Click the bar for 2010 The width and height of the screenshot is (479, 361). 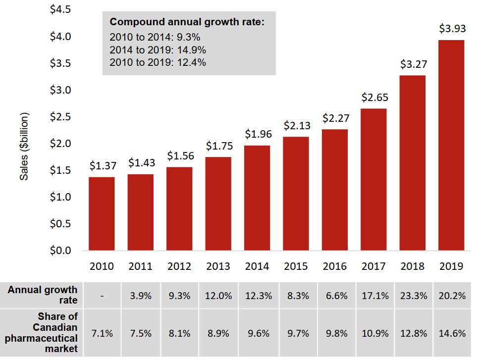102,213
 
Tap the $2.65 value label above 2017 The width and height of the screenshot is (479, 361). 374,98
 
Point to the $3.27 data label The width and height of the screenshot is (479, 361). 414,64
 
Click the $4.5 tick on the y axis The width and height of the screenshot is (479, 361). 60,10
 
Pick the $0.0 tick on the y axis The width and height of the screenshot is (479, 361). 60,250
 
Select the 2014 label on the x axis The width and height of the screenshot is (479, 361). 257,266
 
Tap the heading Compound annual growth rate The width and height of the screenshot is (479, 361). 187,22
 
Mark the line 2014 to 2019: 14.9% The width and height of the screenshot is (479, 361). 158,50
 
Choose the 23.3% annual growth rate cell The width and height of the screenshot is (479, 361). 414,296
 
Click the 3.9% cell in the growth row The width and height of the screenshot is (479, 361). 141,296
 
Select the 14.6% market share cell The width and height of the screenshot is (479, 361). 452,333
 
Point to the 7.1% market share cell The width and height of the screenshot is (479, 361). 102,333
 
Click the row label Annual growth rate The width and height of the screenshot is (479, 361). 43,295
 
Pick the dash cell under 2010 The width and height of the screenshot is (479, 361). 102,296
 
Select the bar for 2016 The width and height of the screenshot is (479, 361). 335,190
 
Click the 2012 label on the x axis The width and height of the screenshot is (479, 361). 179,266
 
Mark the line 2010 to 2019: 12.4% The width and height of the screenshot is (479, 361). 158,63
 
